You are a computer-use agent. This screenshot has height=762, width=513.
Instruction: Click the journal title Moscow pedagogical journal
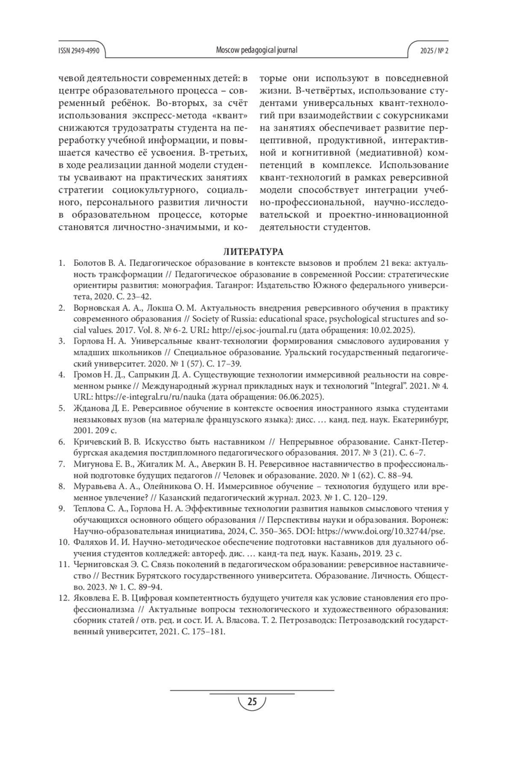[x=256, y=50]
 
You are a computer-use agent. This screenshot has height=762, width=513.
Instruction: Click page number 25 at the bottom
[x=252, y=702]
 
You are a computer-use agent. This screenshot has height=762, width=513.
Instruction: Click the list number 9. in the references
[x=62, y=509]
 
